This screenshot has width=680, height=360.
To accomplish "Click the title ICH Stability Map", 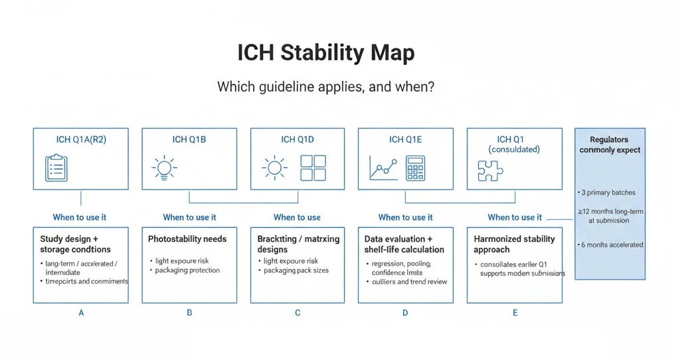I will click(325, 53).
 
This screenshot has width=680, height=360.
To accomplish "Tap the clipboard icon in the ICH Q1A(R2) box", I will click(56, 168).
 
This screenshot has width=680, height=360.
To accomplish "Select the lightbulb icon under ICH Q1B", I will click(165, 168).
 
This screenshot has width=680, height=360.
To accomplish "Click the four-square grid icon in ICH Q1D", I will click(313, 168).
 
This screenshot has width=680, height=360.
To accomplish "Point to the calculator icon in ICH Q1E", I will click(416, 169).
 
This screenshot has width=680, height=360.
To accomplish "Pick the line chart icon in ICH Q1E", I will click(383, 169).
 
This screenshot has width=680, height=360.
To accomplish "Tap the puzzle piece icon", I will click(490, 170).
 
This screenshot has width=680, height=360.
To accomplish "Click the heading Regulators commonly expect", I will click(610, 145).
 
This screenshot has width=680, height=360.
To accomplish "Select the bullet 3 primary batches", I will click(608, 193).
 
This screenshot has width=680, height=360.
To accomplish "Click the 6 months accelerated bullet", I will click(611, 244).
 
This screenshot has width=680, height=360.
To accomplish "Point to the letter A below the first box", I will click(81, 312).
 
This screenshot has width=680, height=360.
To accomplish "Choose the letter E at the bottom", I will click(515, 312).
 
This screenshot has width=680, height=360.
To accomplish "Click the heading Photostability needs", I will click(187, 239).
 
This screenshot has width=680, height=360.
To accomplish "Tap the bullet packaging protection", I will click(187, 270).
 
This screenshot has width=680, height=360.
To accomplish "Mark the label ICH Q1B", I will click(189, 139).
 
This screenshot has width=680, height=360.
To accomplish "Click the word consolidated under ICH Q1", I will click(514, 149).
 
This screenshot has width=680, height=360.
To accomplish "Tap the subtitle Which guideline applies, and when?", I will click(325, 87).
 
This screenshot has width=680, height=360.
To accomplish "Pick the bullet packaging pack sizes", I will click(296, 270).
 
